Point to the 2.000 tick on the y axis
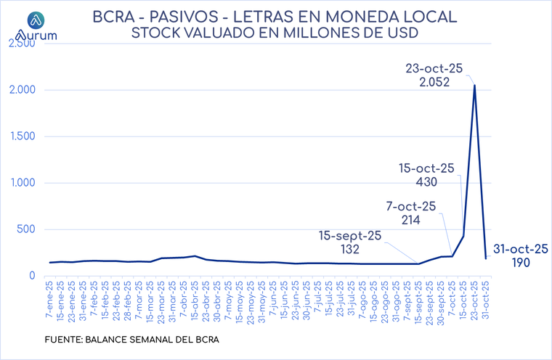pyautogui.click(x=21, y=90)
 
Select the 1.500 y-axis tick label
pyautogui.click(x=21, y=136)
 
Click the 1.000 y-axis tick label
pyautogui.click(x=21, y=183)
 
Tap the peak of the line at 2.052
pyautogui.click(x=474, y=86)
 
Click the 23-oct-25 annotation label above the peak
pyautogui.click(x=434, y=68)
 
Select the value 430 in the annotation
pyautogui.click(x=426, y=181)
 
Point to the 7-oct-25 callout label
pyautogui.click(x=410, y=206)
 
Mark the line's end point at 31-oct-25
pyautogui.click(x=485, y=258)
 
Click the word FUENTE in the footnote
pyautogui.click(x=63, y=339)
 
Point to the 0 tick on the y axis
pyautogui.click(x=32, y=276)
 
